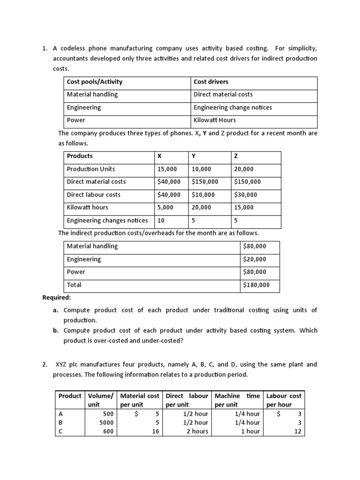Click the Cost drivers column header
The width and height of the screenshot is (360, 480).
click(x=211, y=82)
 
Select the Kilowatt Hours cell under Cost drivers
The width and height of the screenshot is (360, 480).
click(x=215, y=120)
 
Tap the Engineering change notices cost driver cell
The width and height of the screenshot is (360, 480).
click(x=232, y=108)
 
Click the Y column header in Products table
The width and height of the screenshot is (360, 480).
click(x=193, y=156)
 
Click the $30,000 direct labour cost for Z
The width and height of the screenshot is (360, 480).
click(x=247, y=195)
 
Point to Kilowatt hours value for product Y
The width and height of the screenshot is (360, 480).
click(x=201, y=208)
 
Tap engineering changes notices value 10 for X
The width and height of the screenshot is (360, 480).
click(x=161, y=220)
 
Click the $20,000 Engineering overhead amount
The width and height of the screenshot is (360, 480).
click(x=255, y=259)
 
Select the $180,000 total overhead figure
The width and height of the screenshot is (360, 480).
click(x=256, y=285)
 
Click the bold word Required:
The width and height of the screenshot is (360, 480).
click(x=57, y=298)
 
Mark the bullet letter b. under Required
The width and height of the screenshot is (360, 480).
click(x=55, y=330)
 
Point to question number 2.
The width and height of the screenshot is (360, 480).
click(x=45, y=364)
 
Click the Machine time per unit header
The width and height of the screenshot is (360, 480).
click(x=237, y=400)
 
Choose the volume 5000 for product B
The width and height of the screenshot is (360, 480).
click(x=106, y=423)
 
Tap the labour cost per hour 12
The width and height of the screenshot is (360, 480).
click(x=297, y=432)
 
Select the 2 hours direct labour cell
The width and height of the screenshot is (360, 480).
click(x=197, y=432)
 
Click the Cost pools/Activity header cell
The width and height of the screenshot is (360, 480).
click(x=95, y=82)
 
